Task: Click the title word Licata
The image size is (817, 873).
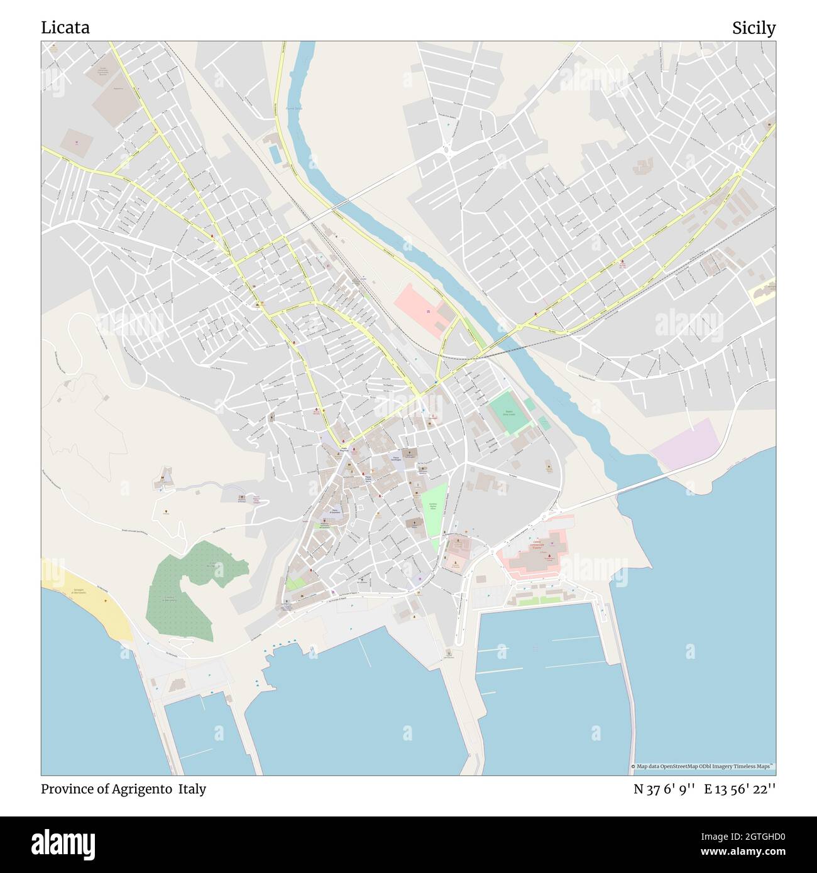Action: click(x=65, y=28)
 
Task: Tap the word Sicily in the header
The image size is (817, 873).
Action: click(x=753, y=28)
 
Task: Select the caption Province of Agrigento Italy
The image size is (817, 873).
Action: click(x=124, y=789)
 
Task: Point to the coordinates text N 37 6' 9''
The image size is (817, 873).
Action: click(x=664, y=789)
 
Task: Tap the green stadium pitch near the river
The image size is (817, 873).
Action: click(x=507, y=413)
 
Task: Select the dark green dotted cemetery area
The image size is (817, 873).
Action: click(x=182, y=590)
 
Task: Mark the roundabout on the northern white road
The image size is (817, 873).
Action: click(x=449, y=150)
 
